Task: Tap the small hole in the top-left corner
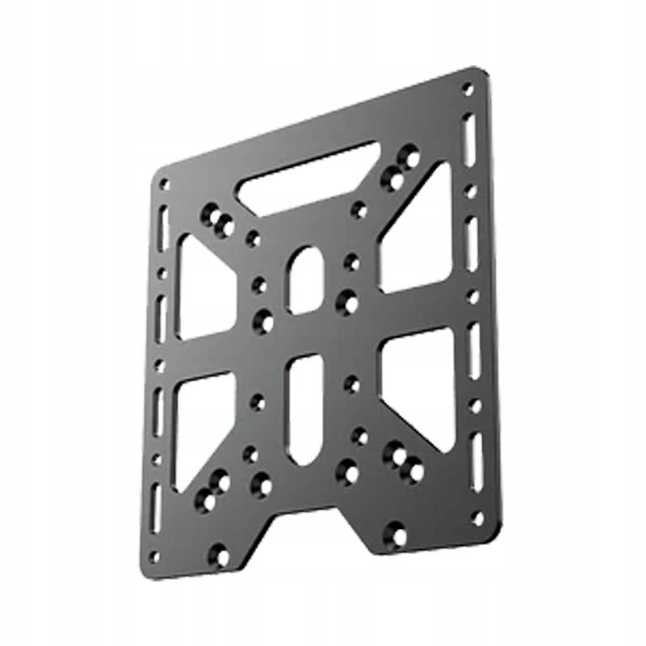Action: [165, 185]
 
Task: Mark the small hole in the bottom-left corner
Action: [155, 556]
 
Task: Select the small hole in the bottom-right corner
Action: [478, 518]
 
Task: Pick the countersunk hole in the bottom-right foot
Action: [395, 534]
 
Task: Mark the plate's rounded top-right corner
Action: [483, 74]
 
